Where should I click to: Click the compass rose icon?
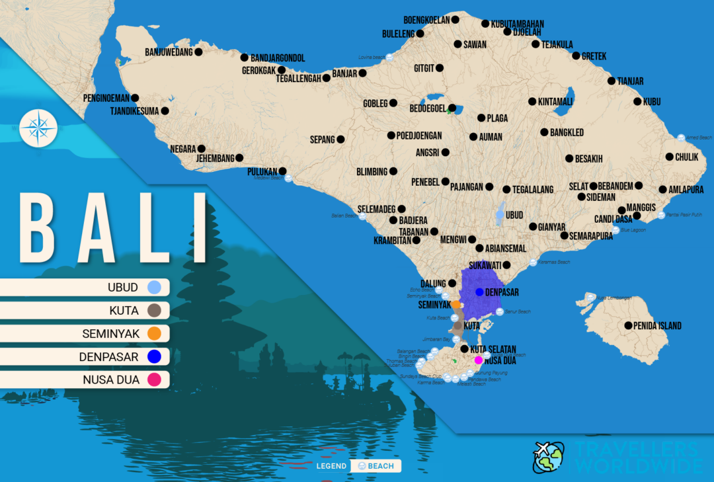38,128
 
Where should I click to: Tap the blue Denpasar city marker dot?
479,292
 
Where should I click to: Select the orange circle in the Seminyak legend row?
154,334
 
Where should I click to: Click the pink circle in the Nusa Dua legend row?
154,380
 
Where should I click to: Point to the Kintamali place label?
554,102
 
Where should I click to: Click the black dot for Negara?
202,149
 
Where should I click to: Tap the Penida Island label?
657,326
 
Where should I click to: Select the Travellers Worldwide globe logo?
548,458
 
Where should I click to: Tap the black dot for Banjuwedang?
198,52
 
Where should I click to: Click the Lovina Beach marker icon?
389,58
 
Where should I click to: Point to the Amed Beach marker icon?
681,138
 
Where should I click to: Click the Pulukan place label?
261,171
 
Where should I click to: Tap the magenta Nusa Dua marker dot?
478,360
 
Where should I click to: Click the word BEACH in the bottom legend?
381,466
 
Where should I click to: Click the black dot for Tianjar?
612,81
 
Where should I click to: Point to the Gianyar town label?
551,227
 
